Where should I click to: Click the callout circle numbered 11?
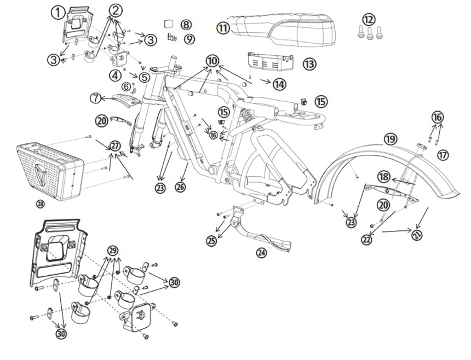click(x=222, y=28)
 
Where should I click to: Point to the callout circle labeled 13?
click(x=309, y=64)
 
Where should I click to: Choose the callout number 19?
click(x=389, y=139)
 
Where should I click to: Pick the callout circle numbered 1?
click(x=58, y=12)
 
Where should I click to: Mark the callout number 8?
click(x=186, y=25)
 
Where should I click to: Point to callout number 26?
click(x=180, y=187)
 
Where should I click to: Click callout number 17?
click(x=443, y=155)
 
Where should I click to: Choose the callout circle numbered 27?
click(x=114, y=146)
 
